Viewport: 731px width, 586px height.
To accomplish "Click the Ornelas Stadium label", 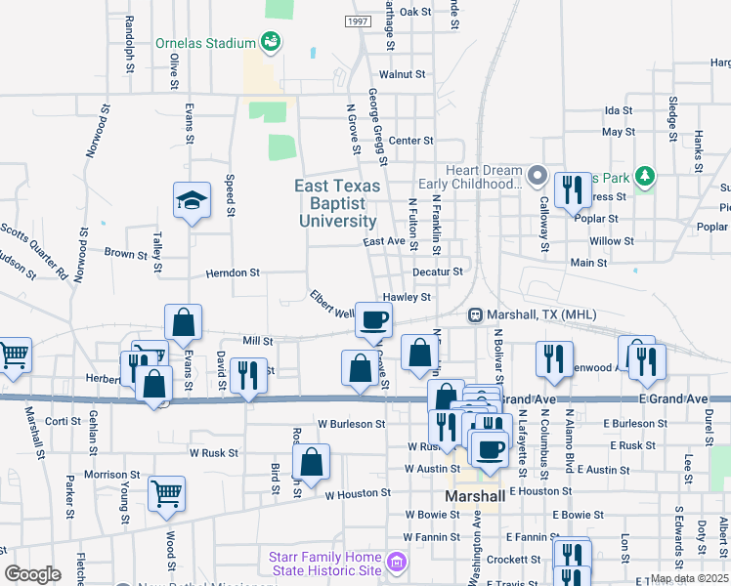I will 205,43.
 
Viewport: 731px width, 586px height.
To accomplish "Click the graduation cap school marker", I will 193,201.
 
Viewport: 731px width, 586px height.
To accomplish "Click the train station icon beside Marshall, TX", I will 475,314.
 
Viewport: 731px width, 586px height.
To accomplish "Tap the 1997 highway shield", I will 359,21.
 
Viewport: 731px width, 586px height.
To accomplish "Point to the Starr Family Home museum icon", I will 396,563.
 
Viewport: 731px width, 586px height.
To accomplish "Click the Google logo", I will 32,574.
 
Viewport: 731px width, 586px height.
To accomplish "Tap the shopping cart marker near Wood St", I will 166,492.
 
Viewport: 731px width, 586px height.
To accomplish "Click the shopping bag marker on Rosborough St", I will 311,462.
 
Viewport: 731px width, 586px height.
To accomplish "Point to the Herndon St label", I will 233,273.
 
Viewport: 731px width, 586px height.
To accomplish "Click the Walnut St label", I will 403,74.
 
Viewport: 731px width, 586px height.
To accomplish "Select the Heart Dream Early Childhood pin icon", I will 537,176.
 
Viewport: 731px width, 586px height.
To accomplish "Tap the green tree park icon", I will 644,177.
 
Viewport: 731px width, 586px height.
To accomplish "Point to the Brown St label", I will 125,253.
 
